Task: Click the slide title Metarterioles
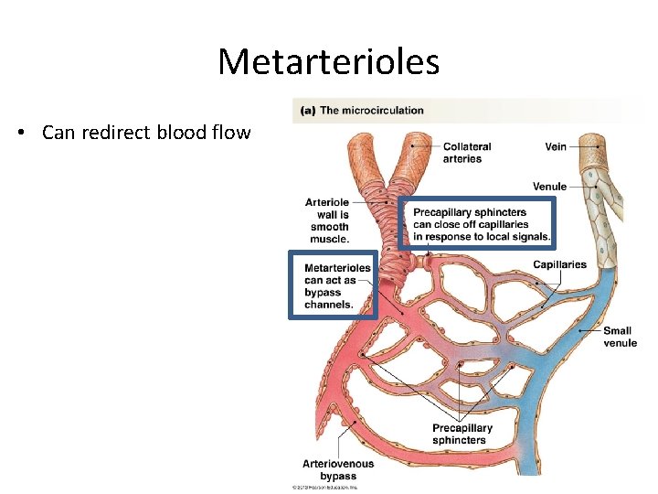[x=328, y=62]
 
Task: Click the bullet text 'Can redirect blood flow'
[x=146, y=133]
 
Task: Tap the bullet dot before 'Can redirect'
[x=21, y=134]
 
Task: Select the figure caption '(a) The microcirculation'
[x=363, y=111]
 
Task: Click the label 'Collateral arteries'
[x=466, y=153]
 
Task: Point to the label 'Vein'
[x=555, y=146]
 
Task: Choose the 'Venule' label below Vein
[x=549, y=187]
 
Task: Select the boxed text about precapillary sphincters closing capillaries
[x=481, y=224]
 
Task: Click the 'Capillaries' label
[x=559, y=265]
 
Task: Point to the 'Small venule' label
[x=620, y=337]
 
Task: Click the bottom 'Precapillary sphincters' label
[x=462, y=434]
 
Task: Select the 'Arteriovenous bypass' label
[x=338, y=469]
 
